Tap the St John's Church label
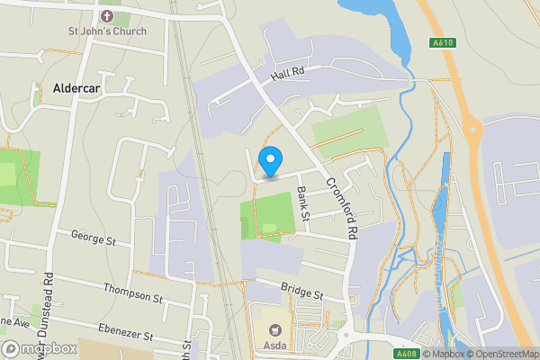(x=107, y=31)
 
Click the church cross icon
(x=107, y=15)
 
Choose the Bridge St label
(x=301, y=293)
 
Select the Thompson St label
(x=132, y=293)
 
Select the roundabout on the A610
(x=471, y=129)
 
